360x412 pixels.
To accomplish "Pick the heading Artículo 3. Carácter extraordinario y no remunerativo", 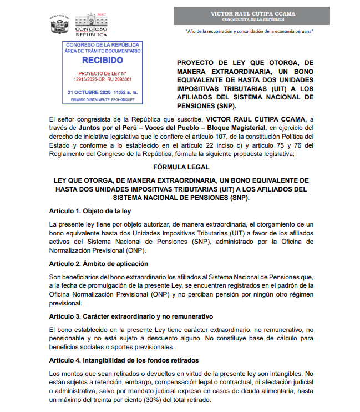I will (x=131, y=316).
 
